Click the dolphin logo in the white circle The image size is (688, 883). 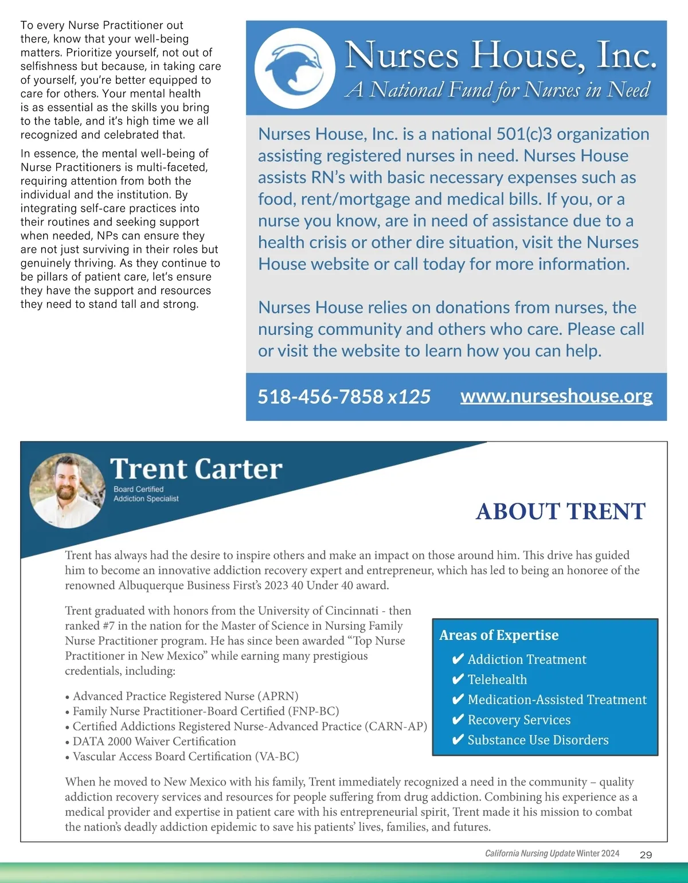295,69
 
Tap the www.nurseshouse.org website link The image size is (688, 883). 556,396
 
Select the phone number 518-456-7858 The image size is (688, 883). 320,397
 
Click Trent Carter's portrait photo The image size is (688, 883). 68,491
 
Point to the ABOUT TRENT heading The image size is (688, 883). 561,511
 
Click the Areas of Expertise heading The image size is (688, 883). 499,635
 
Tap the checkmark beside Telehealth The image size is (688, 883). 458,679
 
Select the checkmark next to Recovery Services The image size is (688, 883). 458,720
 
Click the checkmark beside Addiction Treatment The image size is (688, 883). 458,659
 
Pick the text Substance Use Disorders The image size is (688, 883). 538,740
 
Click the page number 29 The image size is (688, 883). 646,855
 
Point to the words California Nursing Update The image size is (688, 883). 530,854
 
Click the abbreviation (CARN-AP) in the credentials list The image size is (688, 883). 396,726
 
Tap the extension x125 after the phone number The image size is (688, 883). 409,397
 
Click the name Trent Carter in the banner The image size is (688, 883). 196,469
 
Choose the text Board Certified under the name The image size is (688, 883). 138,489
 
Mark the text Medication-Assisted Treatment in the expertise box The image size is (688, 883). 557,700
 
